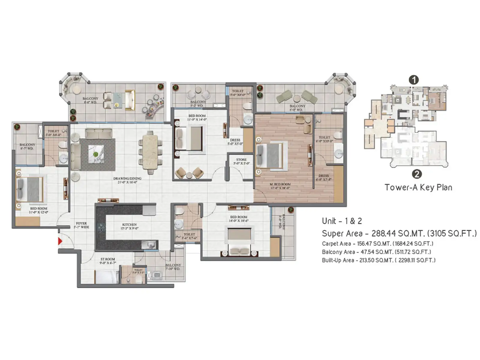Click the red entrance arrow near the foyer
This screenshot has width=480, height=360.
pyautogui.click(x=60, y=241)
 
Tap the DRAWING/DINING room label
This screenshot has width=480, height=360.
pyautogui.click(x=127, y=180)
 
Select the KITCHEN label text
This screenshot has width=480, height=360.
pyautogui.click(x=129, y=226)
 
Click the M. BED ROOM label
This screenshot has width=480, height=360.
pyautogui.click(x=280, y=186)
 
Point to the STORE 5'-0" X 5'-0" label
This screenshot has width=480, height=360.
pyautogui.click(x=241, y=161)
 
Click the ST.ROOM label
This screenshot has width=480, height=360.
pyautogui.click(x=108, y=261)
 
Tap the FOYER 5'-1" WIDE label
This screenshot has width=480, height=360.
pyautogui.click(x=81, y=225)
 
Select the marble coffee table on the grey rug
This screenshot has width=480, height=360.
pyautogui.click(x=96, y=154)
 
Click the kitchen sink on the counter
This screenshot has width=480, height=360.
pyautogui.click(x=149, y=244)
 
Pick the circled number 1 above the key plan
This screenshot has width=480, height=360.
pyautogui.click(x=414, y=80)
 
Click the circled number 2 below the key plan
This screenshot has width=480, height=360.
pyautogui.click(x=416, y=174)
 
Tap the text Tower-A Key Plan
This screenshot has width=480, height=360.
pyautogui.click(x=418, y=187)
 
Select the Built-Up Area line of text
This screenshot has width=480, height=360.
pyautogui.click(x=379, y=260)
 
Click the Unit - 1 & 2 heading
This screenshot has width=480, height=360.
pyautogui.click(x=342, y=221)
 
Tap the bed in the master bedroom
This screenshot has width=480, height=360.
pyautogui.click(x=270, y=155)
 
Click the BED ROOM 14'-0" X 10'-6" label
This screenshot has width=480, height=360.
pyautogui.click(x=238, y=218)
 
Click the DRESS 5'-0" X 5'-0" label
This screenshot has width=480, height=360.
pyautogui.click(x=235, y=142)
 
